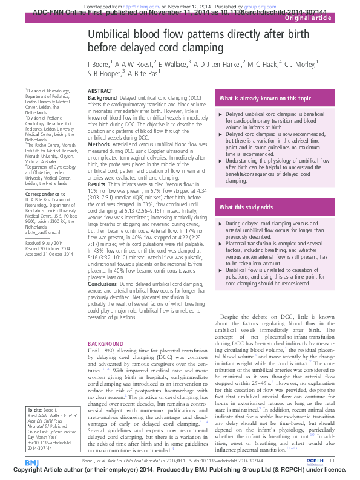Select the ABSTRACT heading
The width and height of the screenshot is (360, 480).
[100, 90]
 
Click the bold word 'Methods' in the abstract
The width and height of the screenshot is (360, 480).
[99, 144]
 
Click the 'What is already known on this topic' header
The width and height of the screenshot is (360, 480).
[266, 97]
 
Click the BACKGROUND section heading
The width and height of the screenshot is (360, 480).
[106, 343]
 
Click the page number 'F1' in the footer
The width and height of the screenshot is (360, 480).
[333, 461]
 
